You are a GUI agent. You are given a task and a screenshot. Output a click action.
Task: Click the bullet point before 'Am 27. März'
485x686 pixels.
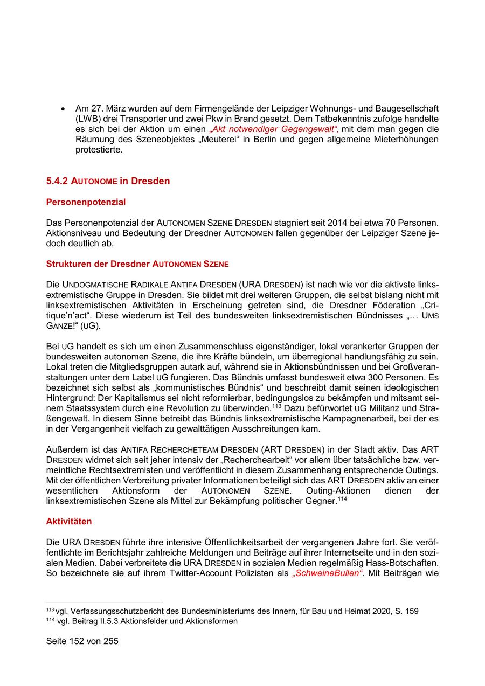click(64, 109)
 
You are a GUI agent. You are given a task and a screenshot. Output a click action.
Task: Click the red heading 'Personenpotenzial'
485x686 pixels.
click(86, 202)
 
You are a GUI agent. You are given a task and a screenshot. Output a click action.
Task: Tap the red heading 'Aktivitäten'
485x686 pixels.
click(69, 522)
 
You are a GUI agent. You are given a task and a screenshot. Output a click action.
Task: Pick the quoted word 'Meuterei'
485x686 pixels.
click(227, 140)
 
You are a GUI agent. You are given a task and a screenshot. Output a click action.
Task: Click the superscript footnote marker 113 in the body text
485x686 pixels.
click(276, 406)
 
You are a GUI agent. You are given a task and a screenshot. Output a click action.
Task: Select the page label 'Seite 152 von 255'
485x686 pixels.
click(82, 641)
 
